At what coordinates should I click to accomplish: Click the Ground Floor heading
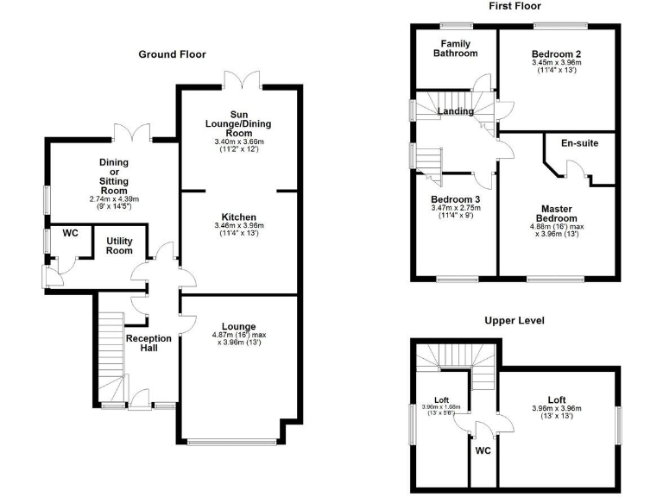[x=173, y=54]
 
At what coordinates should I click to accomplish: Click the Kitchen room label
[x=238, y=217]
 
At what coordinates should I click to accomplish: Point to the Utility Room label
[x=120, y=246]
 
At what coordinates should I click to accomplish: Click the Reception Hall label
[x=149, y=343]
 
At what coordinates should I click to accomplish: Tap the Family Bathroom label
[x=455, y=48]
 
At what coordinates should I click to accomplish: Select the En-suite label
[x=579, y=142]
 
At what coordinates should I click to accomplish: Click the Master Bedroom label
[x=557, y=214]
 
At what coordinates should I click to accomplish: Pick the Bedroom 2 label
[x=557, y=53]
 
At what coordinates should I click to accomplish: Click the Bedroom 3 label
[x=455, y=199]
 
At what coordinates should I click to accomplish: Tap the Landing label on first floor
[x=456, y=111]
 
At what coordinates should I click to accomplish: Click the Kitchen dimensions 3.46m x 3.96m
[x=238, y=226]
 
